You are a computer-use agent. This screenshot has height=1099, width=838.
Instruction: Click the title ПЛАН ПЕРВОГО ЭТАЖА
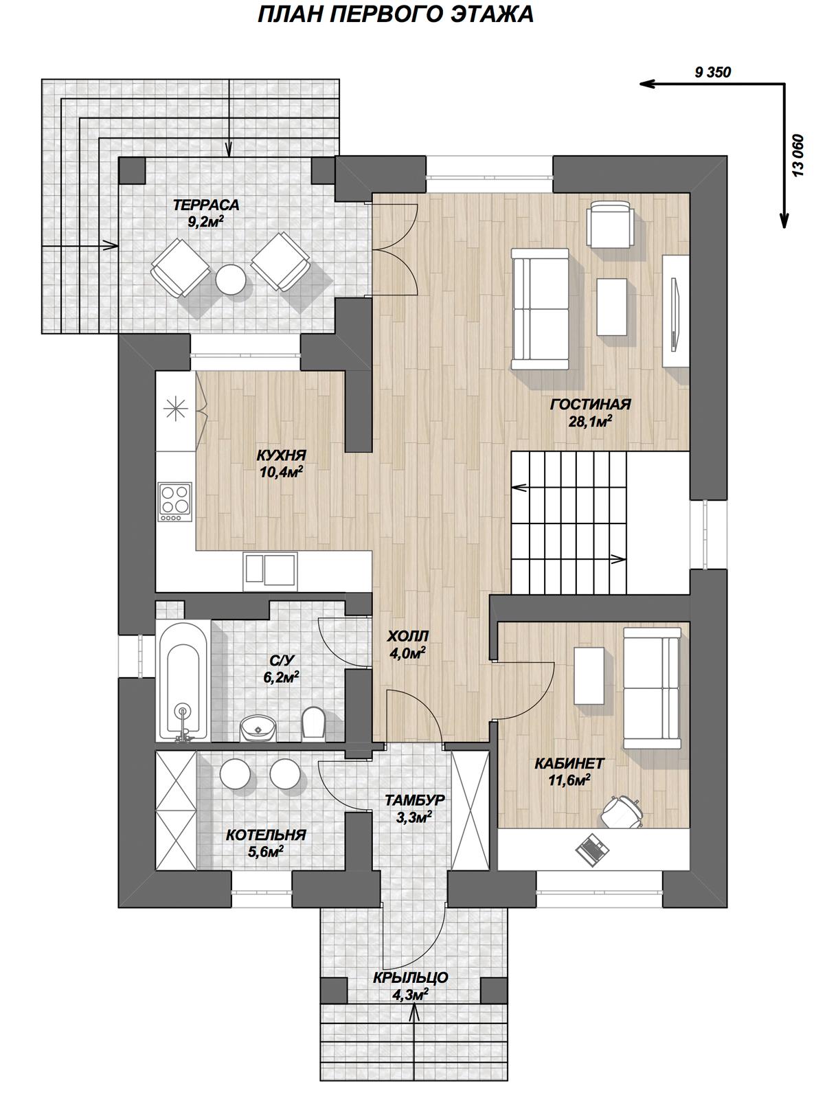click(396, 14)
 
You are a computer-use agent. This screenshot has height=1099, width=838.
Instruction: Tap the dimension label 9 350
click(712, 73)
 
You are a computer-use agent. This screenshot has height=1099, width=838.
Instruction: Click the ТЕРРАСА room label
click(206, 205)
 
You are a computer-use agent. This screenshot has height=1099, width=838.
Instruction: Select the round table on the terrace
click(231, 278)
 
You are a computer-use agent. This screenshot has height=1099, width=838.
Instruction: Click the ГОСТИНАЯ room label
click(590, 404)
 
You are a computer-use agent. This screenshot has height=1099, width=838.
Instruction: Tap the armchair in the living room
click(611, 225)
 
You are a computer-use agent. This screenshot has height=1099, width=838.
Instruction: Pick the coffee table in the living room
click(612, 307)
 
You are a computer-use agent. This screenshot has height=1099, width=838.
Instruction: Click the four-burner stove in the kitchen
click(175, 502)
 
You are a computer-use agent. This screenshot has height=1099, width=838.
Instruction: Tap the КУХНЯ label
click(281, 455)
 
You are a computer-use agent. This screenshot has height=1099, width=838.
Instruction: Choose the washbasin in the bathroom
click(258, 727)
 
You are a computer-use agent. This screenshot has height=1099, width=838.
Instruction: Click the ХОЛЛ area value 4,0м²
click(409, 653)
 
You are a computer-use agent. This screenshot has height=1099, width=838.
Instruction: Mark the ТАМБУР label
click(414, 800)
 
